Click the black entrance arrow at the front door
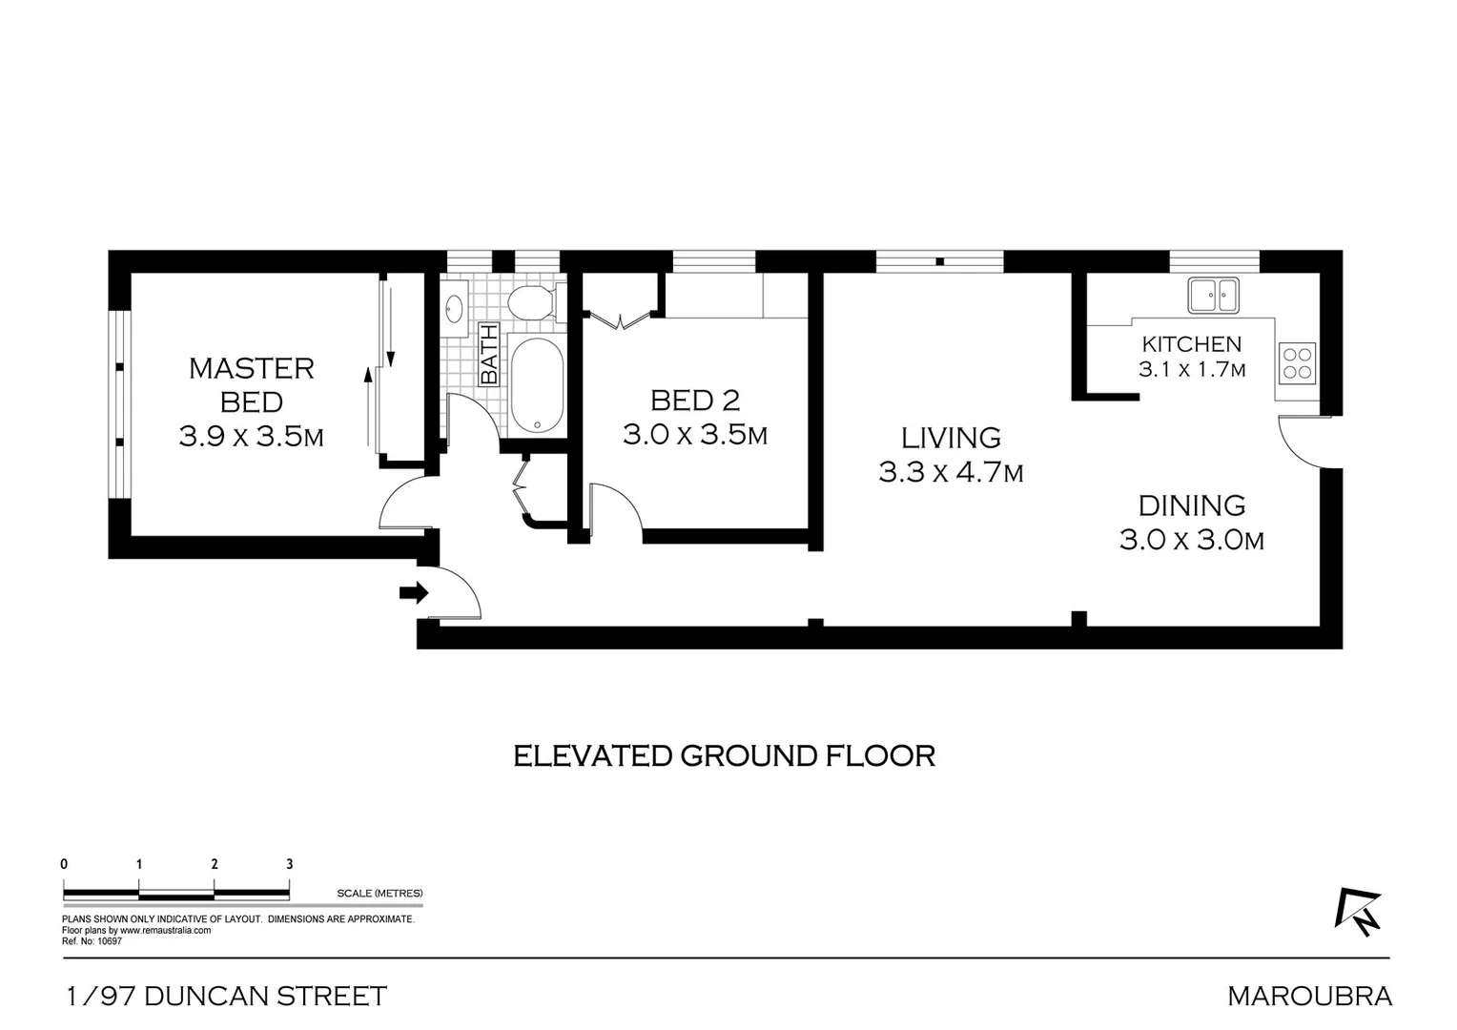tap(413, 593)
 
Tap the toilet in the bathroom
tap(530, 304)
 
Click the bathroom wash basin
tap(455, 308)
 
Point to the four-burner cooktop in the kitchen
tap(1297, 363)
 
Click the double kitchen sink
tap(1212, 295)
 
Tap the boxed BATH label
tap(488, 355)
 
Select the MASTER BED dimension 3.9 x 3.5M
tap(251, 437)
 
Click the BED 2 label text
tap(695, 400)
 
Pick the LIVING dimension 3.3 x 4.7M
tap(951, 472)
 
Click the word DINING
tap(1191, 505)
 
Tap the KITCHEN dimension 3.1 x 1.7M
tap(1191, 370)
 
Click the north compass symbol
tap(1357, 911)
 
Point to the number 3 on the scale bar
tap(290, 864)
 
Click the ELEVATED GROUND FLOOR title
tap(724, 755)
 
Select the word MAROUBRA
tap(1309, 997)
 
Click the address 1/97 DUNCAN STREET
tap(227, 997)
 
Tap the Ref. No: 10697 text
tap(92, 941)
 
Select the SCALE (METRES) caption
tap(380, 894)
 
